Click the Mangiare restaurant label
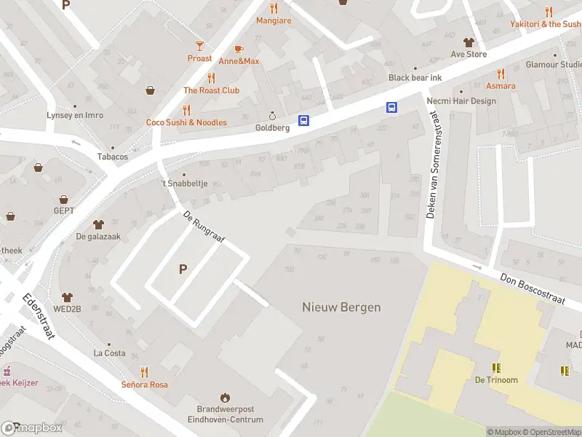click(x=274, y=20)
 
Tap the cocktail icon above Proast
click(x=200, y=45)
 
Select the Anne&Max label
click(x=239, y=61)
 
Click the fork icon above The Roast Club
click(x=211, y=78)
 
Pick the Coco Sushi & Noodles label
click(x=186, y=122)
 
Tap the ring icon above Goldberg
click(x=273, y=115)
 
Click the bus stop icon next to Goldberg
click(x=303, y=121)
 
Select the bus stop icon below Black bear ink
click(x=391, y=107)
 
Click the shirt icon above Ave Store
click(x=468, y=42)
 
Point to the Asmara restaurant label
click(x=501, y=86)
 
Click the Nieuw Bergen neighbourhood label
click(x=341, y=307)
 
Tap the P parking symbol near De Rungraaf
click(x=183, y=269)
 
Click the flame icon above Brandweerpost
click(x=225, y=398)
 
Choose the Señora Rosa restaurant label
click(x=144, y=384)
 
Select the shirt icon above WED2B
click(x=68, y=297)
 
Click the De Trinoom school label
click(x=496, y=379)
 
